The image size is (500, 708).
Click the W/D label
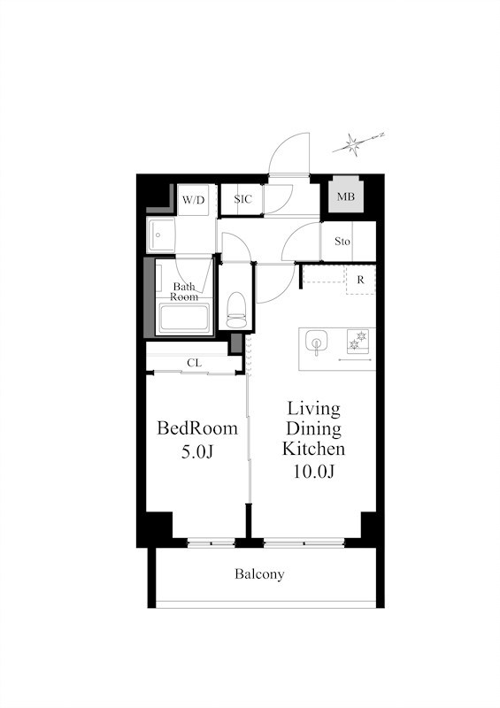click(x=193, y=200)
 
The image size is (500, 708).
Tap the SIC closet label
click(x=243, y=199)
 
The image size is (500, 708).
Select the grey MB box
click(x=346, y=196)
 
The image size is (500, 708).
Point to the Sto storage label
click(x=342, y=242)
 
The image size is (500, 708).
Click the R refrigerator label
click(x=360, y=280)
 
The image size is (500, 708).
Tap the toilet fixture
click(x=236, y=310)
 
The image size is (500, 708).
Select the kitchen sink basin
click(x=316, y=342)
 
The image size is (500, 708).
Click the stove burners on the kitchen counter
click(x=358, y=341)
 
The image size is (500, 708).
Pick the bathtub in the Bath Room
click(x=184, y=318)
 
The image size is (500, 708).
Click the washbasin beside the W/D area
click(x=160, y=235)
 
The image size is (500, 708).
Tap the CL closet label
click(x=194, y=363)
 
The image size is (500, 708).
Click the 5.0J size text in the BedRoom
click(x=197, y=451)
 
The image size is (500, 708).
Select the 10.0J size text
click(x=313, y=472)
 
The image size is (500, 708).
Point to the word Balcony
click(x=259, y=574)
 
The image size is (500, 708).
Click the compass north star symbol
click(x=354, y=144)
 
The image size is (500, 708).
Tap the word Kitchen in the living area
click(x=313, y=449)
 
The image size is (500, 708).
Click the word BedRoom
click(x=197, y=428)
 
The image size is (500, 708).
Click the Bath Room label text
click(x=184, y=292)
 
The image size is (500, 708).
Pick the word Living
click(x=314, y=409)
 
